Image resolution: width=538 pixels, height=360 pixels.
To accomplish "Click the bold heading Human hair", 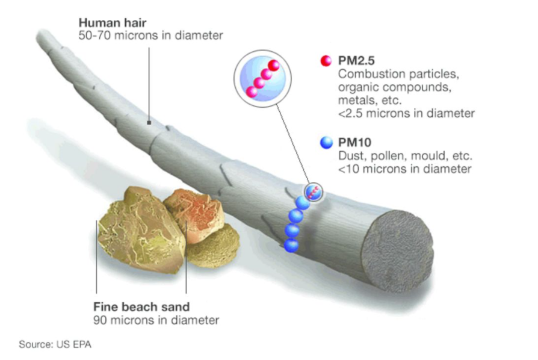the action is (113, 23).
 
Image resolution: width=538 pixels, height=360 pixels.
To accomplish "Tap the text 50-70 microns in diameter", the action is (150, 36).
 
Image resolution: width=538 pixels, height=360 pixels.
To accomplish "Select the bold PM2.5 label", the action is (356, 60).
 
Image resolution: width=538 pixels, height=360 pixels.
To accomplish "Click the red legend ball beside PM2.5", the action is (326, 60).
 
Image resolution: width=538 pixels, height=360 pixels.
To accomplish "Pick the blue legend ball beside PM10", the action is (326, 142).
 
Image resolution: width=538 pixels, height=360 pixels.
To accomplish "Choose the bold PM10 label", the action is (355, 142).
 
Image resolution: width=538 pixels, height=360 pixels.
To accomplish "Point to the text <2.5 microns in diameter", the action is (407, 113).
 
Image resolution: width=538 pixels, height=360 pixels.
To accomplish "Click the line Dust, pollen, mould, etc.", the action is (405, 155).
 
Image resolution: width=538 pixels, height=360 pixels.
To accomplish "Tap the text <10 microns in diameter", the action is (405, 169).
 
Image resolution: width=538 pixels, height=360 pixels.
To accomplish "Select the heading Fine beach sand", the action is (141, 306).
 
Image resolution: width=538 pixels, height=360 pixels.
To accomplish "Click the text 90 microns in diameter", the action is (156, 320).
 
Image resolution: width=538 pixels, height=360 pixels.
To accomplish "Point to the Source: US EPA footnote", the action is (55, 344).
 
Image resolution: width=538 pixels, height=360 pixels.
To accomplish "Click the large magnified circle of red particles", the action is (262, 79).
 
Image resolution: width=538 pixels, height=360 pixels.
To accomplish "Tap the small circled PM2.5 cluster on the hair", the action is (314, 192).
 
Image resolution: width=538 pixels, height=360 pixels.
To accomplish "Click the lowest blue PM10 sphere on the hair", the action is (291, 246).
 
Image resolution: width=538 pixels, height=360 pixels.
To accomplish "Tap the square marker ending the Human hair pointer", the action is (149, 123).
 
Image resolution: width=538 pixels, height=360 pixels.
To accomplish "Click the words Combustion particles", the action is (398, 74).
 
